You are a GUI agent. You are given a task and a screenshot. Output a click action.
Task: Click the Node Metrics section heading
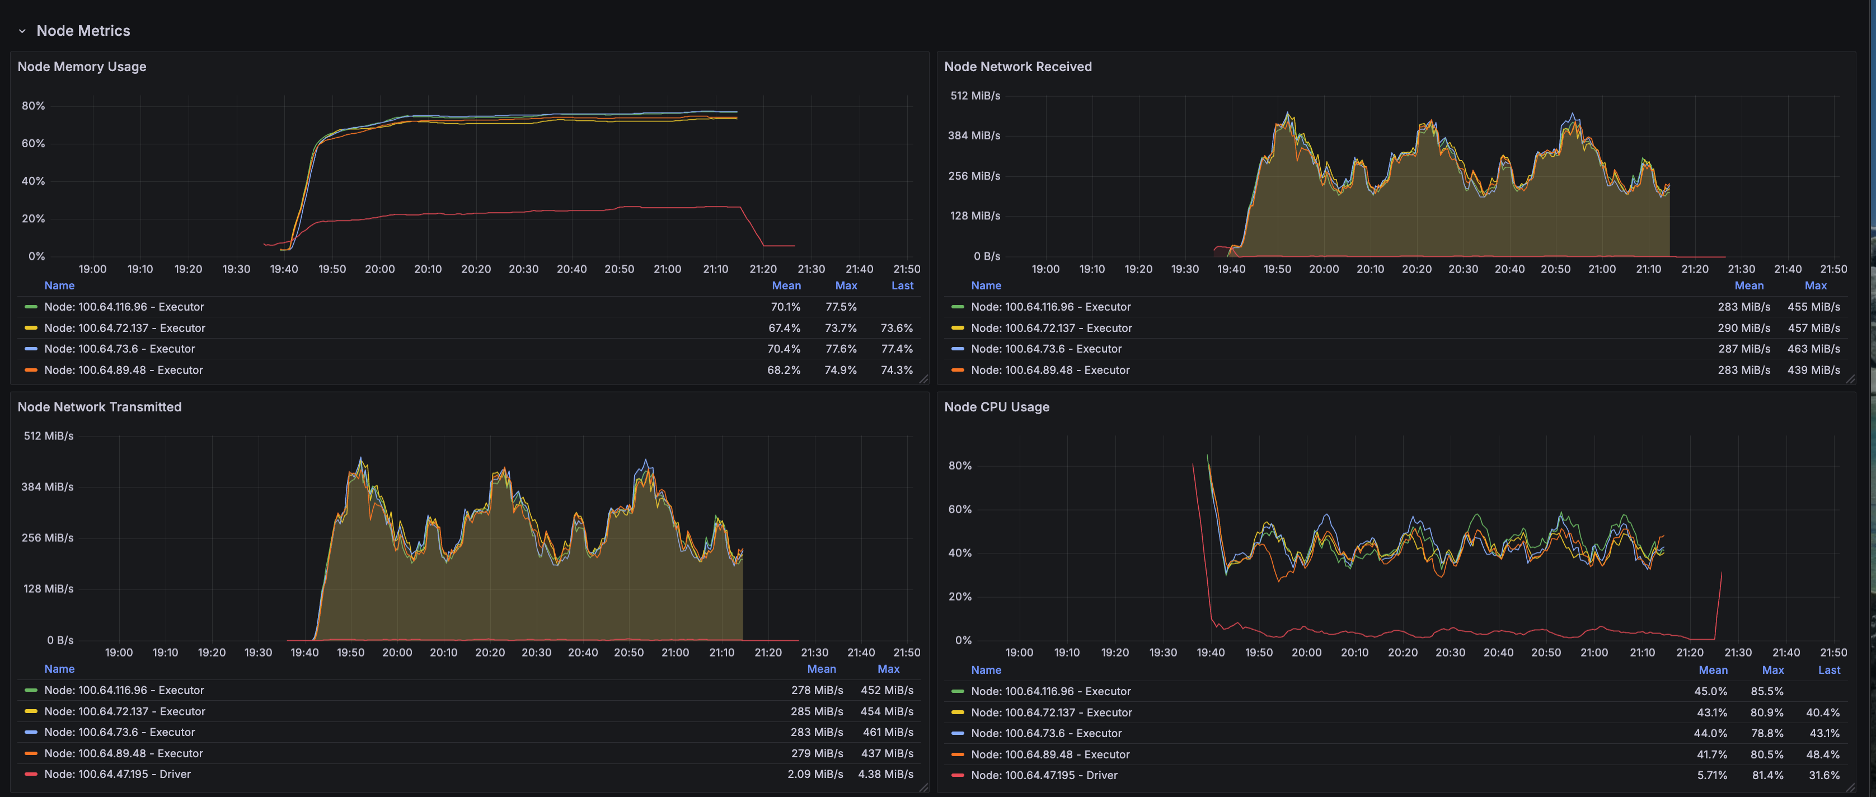(83, 31)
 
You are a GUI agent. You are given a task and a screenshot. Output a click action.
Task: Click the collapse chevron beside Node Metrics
(22, 31)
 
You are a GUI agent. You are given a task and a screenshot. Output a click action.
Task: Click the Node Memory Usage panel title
(82, 66)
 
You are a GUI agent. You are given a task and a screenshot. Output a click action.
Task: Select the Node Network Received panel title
(1017, 66)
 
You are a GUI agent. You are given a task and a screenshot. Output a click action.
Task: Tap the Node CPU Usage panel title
(996, 406)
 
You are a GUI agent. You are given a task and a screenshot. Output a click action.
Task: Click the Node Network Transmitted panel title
(99, 406)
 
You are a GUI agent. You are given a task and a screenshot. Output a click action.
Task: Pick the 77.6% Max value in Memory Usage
(841, 349)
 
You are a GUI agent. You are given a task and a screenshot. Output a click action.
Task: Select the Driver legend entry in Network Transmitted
(118, 773)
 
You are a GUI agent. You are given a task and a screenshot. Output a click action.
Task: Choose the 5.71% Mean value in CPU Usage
(1711, 775)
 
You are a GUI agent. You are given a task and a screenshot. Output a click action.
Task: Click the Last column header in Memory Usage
(902, 285)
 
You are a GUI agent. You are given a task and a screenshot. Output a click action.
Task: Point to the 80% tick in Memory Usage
(34, 106)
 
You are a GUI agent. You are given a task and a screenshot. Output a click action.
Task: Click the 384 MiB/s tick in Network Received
(974, 135)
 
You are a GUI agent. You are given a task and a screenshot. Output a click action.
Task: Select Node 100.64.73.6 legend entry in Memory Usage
(119, 349)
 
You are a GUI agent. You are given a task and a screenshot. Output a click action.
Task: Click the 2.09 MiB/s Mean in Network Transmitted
(814, 773)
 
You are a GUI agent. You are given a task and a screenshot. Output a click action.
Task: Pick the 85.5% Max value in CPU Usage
(1767, 691)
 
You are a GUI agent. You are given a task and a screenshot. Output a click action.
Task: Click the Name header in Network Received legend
(986, 285)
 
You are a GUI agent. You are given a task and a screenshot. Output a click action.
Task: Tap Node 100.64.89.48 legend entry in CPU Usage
(1049, 754)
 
